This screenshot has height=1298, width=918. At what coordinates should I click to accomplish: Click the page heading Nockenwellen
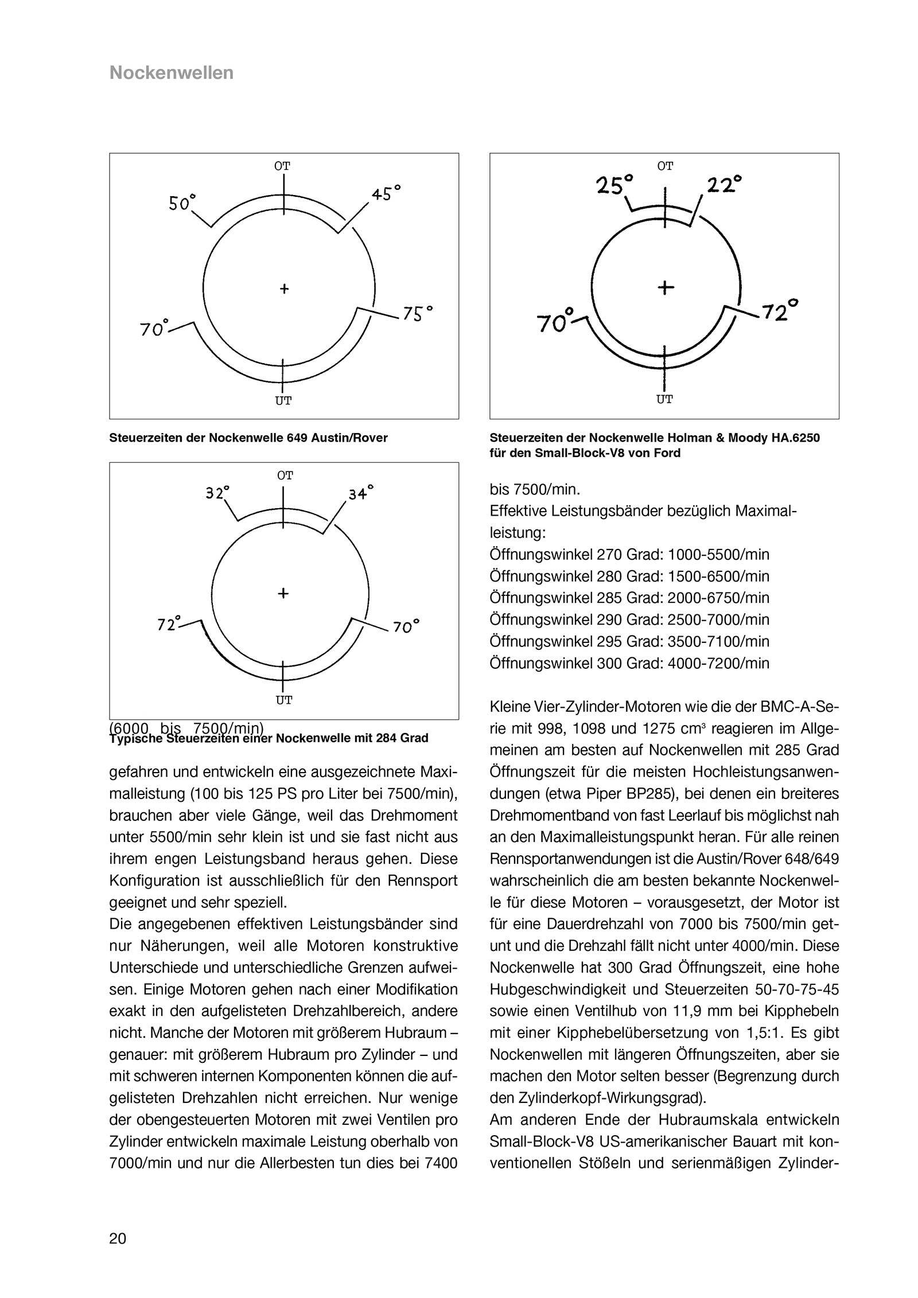pos(171,73)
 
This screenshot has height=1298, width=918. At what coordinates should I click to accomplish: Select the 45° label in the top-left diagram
pos(386,193)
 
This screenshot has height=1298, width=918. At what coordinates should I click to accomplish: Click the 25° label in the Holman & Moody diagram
pos(614,185)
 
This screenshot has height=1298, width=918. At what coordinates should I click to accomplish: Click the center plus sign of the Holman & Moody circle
pos(665,286)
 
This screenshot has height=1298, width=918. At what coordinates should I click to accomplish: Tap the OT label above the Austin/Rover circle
pos(282,166)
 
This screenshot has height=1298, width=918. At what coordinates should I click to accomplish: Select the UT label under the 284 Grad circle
pos(284,700)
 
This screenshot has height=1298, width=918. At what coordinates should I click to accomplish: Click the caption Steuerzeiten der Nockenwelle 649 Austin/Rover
pos(248,438)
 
